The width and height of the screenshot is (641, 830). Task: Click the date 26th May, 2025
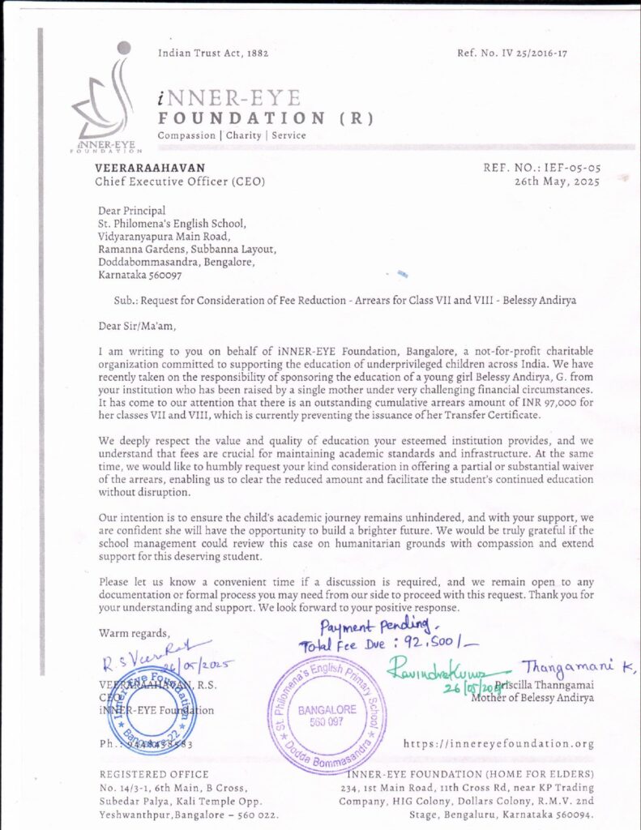557,182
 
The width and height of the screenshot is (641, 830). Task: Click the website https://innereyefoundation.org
498,743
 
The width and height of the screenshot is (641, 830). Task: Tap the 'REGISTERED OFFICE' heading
153,774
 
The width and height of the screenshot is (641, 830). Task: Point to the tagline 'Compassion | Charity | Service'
232,135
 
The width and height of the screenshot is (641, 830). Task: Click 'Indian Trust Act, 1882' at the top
212,53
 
